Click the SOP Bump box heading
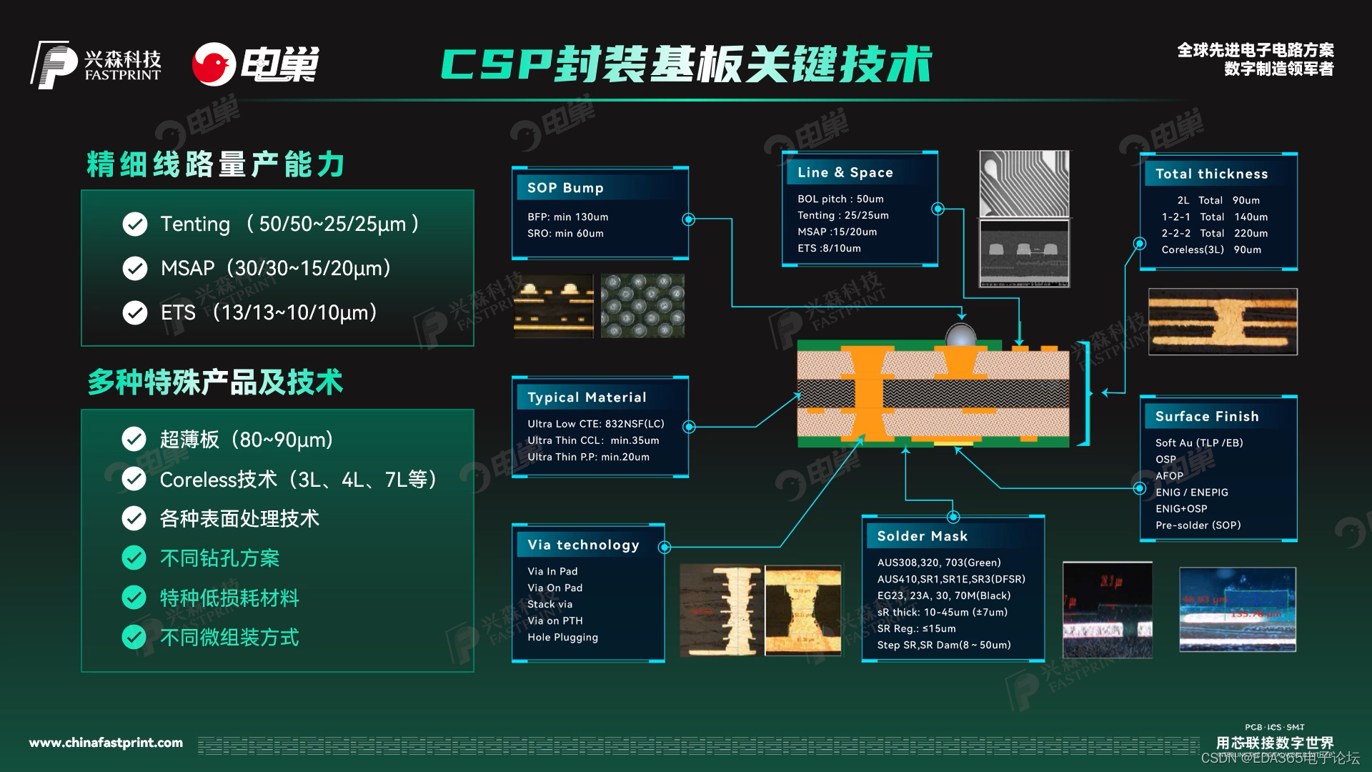(x=565, y=188)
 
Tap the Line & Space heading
(x=845, y=172)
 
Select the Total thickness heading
(x=1211, y=174)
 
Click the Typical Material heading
(x=587, y=397)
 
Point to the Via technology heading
(x=583, y=545)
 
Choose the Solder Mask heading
(x=922, y=536)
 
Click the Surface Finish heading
(x=1207, y=417)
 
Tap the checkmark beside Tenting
(x=135, y=224)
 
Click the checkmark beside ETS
(x=135, y=312)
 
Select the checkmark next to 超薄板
(x=134, y=439)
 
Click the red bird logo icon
(x=214, y=64)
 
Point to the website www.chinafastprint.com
(x=106, y=743)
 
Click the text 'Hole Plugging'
(x=562, y=638)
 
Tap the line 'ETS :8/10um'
(x=829, y=249)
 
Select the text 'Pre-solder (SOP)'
(x=1198, y=525)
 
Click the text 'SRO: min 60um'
(x=565, y=234)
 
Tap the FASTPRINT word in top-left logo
(x=123, y=75)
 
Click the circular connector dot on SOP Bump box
(x=689, y=219)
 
